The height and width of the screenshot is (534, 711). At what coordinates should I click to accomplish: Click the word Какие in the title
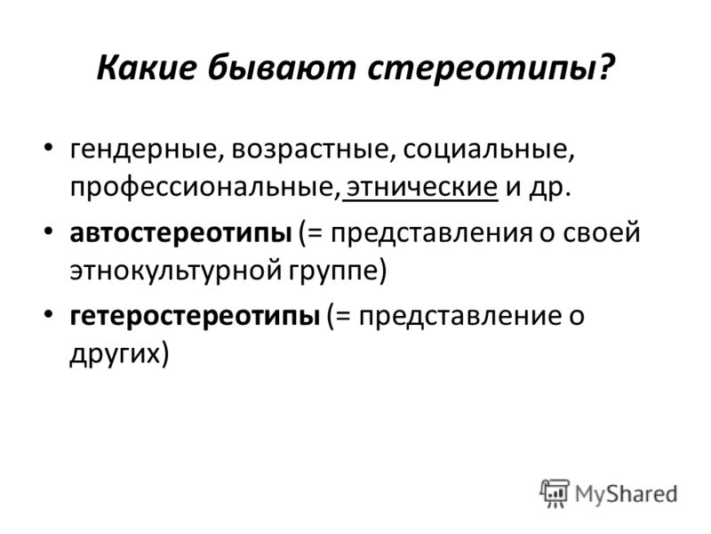click(x=147, y=67)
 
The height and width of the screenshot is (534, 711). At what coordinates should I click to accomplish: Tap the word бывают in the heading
click(x=282, y=67)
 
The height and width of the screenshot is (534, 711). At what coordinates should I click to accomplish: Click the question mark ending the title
click(x=605, y=67)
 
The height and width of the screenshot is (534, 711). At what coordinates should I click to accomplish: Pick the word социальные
click(x=484, y=150)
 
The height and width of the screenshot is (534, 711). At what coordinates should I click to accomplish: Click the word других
click(x=116, y=354)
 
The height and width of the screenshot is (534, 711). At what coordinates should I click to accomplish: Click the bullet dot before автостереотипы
click(x=48, y=231)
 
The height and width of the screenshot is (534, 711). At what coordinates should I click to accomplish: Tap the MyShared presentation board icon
click(x=554, y=493)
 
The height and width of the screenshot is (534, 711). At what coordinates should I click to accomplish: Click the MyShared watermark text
click(x=626, y=495)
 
